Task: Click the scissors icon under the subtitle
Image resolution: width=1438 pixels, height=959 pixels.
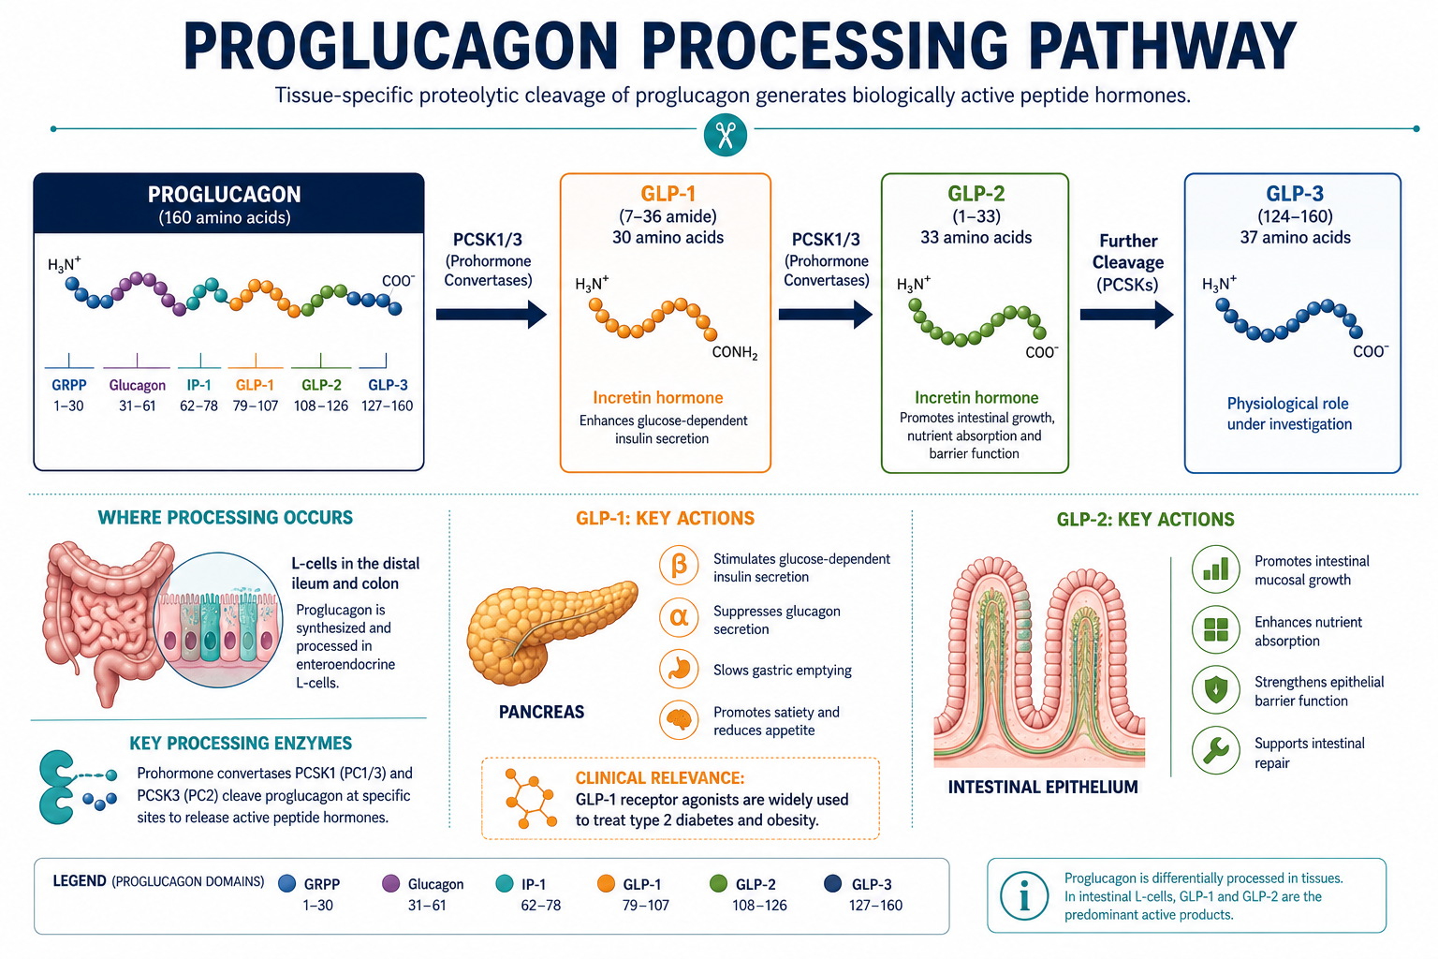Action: point(725,135)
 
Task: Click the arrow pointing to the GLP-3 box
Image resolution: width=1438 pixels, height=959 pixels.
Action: point(1126,314)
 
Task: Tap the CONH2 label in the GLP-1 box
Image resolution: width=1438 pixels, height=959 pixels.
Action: point(735,353)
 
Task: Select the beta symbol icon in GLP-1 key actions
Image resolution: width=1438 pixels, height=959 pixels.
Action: point(679,566)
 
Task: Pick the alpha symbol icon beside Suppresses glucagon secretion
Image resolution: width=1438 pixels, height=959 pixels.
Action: point(679,617)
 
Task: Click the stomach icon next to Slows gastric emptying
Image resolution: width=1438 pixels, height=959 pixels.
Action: point(679,669)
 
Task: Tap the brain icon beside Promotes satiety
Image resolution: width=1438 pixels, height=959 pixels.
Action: point(679,719)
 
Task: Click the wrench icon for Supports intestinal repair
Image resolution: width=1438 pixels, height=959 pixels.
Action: point(1215,750)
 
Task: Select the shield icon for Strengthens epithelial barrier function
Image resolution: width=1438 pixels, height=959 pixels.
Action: point(1215,690)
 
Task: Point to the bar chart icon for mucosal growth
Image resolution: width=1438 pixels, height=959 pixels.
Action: point(1215,569)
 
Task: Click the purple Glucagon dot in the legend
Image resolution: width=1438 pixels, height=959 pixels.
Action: point(390,884)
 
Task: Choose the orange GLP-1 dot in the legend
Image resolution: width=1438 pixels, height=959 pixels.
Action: point(606,884)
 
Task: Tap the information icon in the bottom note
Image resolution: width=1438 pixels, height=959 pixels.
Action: point(1024,895)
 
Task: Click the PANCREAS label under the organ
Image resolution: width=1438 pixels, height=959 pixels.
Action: point(541,712)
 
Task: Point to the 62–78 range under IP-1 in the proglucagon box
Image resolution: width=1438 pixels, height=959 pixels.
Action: point(198,406)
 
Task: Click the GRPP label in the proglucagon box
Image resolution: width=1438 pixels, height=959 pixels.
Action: point(68,385)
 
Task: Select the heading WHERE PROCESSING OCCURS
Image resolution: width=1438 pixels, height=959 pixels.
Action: point(225,518)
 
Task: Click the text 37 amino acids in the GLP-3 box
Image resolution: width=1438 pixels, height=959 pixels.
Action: point(1295,238)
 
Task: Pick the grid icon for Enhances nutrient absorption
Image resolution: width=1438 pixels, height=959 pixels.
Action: point(1215,629)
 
